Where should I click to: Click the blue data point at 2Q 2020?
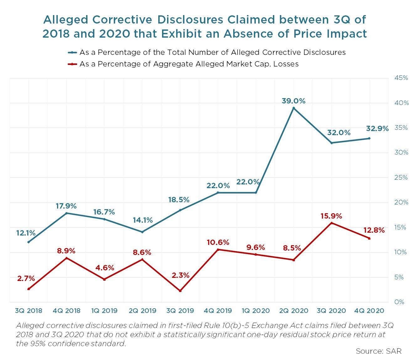tap(293, 108)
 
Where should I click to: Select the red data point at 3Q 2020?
tap(331, 223)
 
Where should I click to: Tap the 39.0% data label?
tap(293, 101)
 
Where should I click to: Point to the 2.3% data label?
tap(181, 275)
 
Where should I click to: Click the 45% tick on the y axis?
tap(401, 78)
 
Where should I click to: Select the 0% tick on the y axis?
tap(399, 302)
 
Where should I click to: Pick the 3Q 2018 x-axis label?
tap(29, 311)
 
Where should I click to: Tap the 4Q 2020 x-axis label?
tap(369, 311)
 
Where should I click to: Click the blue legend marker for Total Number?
tap(72, 52)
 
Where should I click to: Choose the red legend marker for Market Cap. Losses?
tap(72, 64)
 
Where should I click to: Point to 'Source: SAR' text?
tap(378, 351)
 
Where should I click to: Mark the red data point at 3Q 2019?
tap(180, 291)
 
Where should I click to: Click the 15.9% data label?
tap(331, 216)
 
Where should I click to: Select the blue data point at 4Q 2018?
tap(66, 213)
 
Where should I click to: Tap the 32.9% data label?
tap(377, 129)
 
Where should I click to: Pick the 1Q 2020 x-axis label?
tap(256, 311)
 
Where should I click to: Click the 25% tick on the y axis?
tap(401, 177)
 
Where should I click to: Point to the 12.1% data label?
tap(26, 233)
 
